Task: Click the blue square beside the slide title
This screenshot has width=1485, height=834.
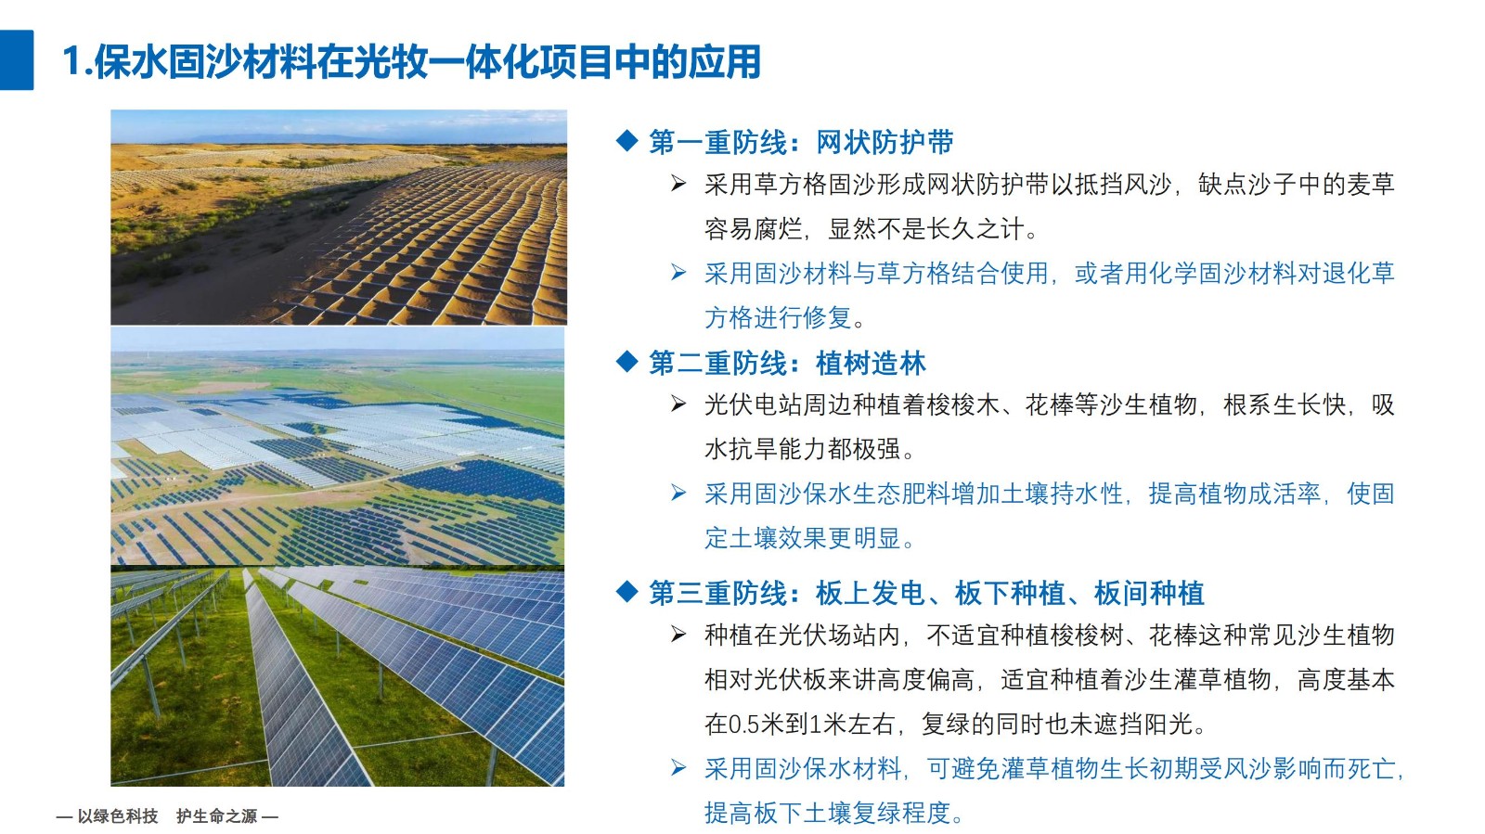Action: (x=17, y=59)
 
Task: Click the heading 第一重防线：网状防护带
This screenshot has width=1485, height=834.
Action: (x=801, y=143)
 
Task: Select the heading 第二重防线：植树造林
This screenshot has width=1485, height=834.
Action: (x=787, y=364)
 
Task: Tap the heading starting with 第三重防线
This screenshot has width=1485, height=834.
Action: (x=926, y=593)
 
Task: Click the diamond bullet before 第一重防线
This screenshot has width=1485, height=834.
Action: (x=626, y=140)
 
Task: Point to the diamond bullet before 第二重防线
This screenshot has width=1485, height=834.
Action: (x=626, y=362)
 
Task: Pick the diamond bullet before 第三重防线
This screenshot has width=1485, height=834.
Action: (x=626, y=591)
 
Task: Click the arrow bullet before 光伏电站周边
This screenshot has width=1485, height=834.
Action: (x=678, y=404)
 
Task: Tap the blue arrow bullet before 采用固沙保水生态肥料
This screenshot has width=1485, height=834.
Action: (x=678, y=493)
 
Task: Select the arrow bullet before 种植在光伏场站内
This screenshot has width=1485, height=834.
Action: (x=678, y=634)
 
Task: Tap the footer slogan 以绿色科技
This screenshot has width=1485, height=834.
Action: (x=118, y=816)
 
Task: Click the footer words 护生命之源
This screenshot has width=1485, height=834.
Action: (x=217, y=816)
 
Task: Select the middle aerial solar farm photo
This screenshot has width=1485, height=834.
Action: (x=338, y=446)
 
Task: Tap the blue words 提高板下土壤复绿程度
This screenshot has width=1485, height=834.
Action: (x=827, y=814)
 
